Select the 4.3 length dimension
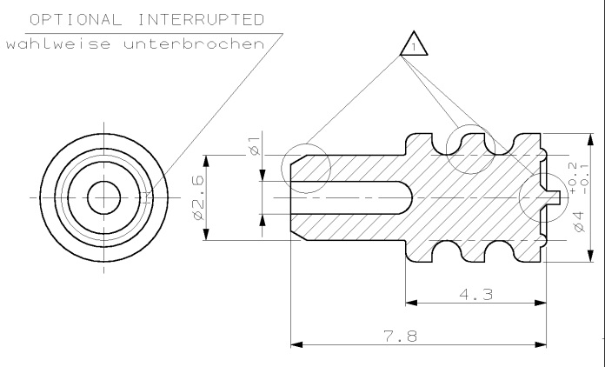click(475, 295)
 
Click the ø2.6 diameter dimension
click(197, 198)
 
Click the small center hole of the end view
click(103, 197)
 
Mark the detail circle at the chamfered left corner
click(307, 163)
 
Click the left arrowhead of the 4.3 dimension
click(413, 303)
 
